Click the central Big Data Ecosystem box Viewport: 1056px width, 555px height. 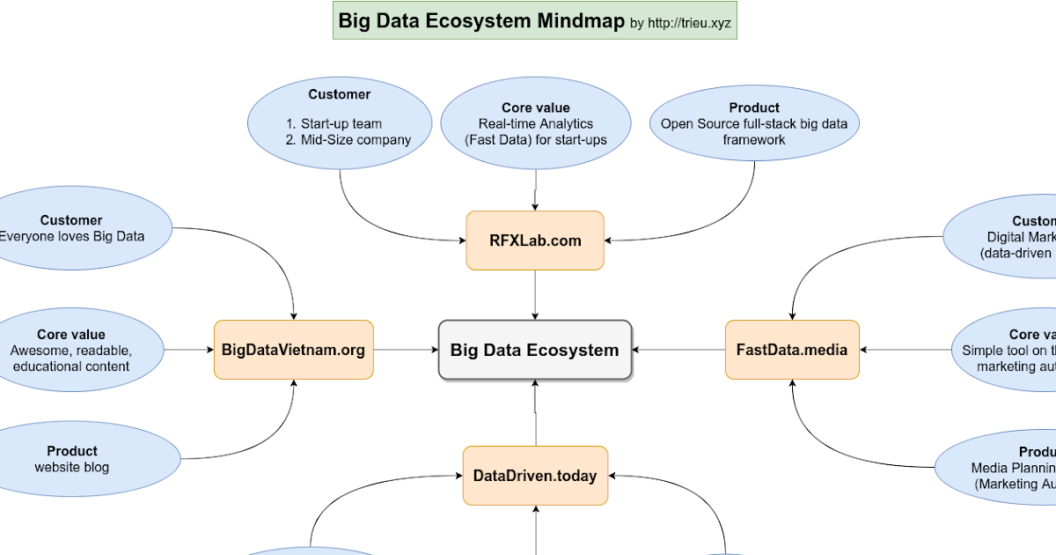point(535,350)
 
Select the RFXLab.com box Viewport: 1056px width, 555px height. point(535,240)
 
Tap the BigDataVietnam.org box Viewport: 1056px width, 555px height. point(293,350)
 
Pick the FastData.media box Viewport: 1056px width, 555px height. point(792,350)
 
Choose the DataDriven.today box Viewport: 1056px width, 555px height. point(535,476)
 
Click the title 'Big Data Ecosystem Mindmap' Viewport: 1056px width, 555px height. point(481,21)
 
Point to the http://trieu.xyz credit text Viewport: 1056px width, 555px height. point(689,23)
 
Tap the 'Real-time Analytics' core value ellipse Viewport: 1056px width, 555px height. point(535,123)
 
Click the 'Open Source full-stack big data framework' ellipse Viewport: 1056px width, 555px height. point(754,123)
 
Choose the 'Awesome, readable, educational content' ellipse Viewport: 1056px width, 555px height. point(72,350)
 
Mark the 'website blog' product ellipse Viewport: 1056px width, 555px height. point(72,458)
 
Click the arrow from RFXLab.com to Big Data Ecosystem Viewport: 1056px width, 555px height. point(535,295)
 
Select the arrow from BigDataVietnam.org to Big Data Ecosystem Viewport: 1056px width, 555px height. point(405,350)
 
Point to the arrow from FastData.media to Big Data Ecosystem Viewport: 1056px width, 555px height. point(678,350)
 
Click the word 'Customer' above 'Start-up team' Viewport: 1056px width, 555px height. point(340,94)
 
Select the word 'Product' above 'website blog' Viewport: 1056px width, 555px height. point(72,451)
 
